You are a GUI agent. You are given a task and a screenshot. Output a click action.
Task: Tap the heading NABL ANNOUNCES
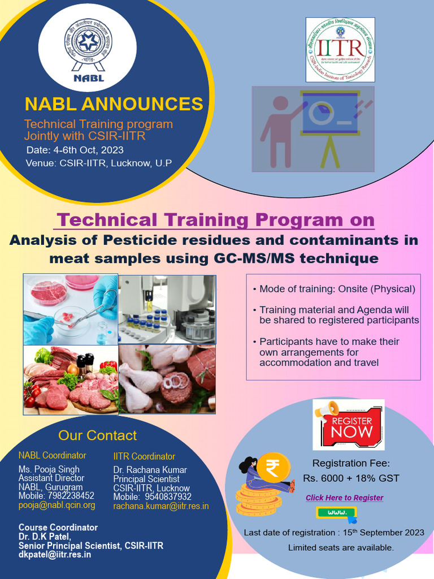[x=114, y=104]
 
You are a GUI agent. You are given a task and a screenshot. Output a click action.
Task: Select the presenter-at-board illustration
[x=313, y=129]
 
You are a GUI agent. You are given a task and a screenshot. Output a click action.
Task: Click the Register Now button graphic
[x=348, y=425]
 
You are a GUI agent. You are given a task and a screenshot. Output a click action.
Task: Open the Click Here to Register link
[x=344, y=498]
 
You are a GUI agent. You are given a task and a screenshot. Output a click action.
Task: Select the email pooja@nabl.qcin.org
[x=57, y=505]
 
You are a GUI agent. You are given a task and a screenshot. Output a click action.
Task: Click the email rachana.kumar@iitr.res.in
[x=161, y=506]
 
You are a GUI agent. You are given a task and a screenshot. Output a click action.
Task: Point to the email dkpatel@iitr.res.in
[x=55, y=555]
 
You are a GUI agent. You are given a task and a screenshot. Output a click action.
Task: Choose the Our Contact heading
[x=97, y=435]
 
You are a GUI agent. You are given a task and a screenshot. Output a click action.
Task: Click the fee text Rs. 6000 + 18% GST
[x=351, y=478]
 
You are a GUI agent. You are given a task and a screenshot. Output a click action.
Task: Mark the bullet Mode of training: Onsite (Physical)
[x=337, y=289]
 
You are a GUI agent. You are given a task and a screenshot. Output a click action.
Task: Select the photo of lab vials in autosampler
[x=167, y=309]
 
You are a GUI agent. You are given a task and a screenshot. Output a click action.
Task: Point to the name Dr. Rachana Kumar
[x=150, y=470]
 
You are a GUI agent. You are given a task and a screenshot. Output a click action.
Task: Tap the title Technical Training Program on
[x=216, y=219]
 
